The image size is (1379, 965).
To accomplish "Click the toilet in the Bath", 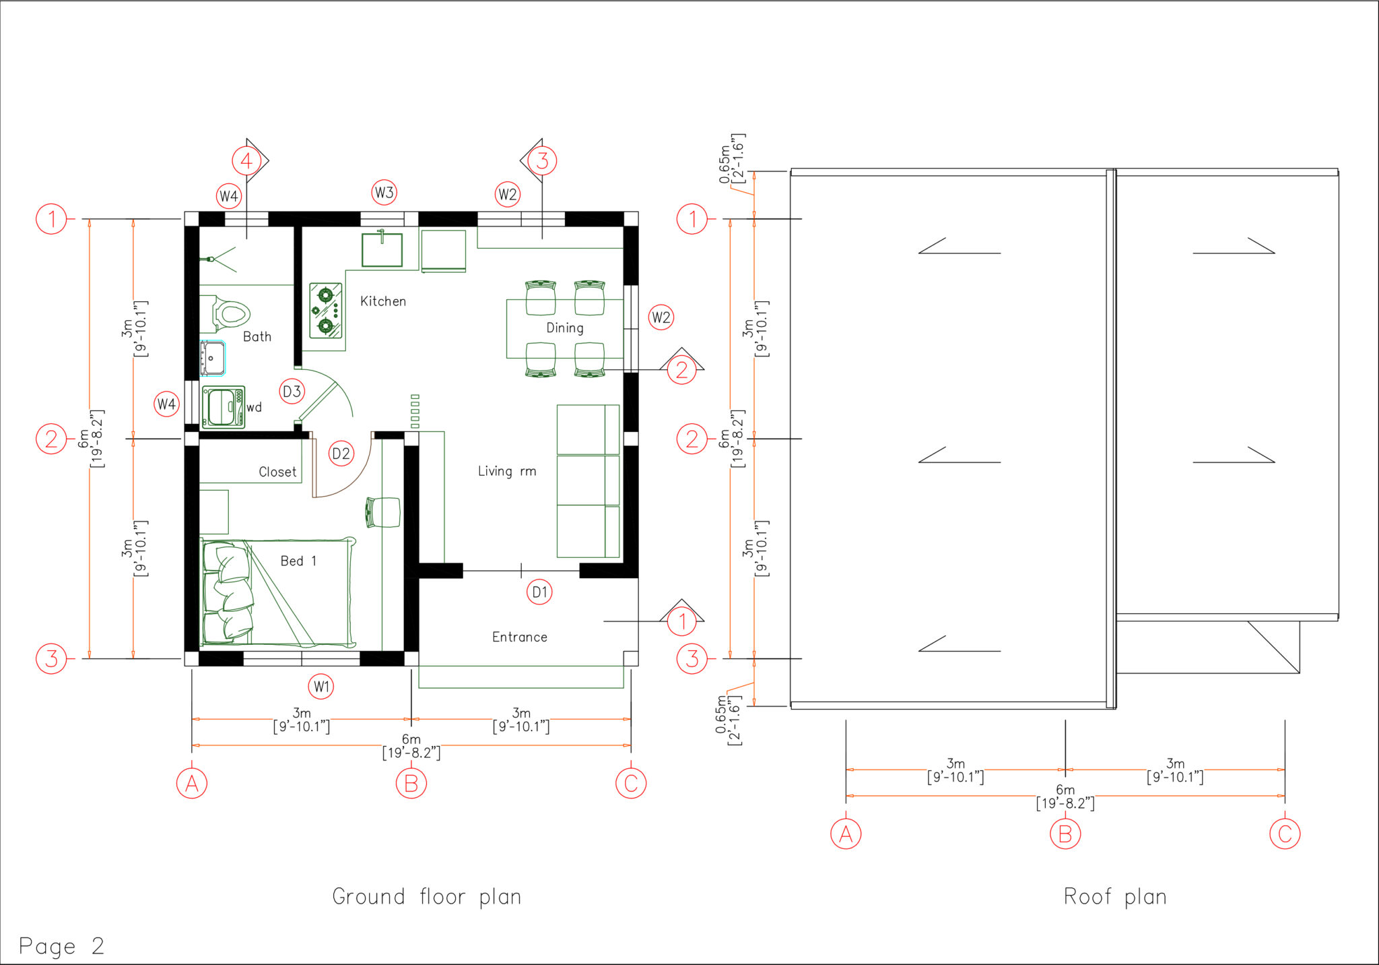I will pos(229,314).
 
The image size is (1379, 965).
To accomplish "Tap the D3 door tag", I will pos(292,391).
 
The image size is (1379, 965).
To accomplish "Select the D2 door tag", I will pos(341,454).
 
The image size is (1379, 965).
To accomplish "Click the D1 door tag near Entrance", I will pos(539,592).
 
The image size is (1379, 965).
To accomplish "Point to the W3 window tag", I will pos(384,193).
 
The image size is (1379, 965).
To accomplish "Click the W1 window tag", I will pos(321,687).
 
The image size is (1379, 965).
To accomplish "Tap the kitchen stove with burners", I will pos(326,310).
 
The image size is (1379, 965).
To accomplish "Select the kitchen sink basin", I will pos(382,250).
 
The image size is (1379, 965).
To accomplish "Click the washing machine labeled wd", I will pos(223,407).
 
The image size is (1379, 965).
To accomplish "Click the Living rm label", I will pos(507,471).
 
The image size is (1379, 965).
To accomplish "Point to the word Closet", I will pos(277,472).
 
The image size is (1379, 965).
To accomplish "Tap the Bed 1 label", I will pos(298,561).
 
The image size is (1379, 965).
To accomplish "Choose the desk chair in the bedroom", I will pos(383,512).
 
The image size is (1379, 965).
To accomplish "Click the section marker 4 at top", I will pos(246,160).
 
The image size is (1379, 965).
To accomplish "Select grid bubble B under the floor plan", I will pos(411,783).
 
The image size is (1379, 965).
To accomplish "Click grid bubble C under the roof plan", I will pos(1284,834).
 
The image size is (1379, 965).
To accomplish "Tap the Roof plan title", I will pos(1115,896).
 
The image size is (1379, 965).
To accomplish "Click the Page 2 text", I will pos(61,945).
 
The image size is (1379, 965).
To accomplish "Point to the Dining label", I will pos(564,328).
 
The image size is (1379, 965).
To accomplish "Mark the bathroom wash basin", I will pos(212,358).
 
